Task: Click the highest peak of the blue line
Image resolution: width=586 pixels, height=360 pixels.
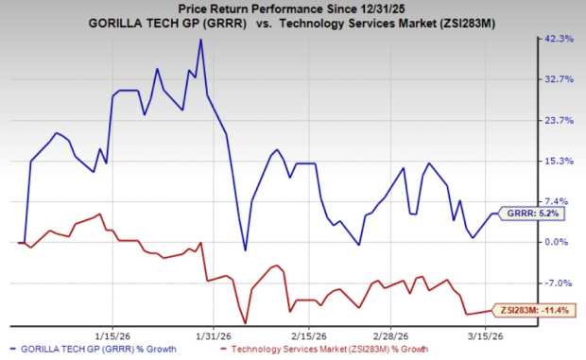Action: [x=200, y=40]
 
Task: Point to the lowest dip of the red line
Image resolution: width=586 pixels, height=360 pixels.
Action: [x=245, y=323]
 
